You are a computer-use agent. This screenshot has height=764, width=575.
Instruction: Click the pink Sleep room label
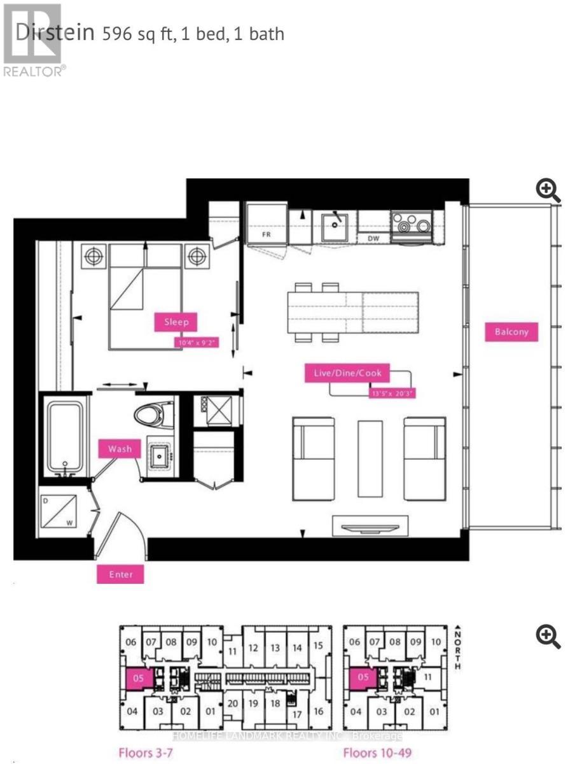point(176,322)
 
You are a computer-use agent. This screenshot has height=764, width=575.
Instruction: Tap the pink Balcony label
point(511,332)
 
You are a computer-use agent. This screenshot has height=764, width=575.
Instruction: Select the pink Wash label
point(120,449)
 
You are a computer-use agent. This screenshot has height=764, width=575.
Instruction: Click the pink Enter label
point(120,574)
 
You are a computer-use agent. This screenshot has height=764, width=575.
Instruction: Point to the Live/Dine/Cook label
point(348,373)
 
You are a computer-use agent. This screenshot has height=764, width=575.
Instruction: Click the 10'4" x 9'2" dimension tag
point(197,343)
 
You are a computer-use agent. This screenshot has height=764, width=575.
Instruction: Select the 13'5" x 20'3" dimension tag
point(392,393)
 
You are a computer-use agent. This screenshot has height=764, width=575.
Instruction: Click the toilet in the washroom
point(155,414)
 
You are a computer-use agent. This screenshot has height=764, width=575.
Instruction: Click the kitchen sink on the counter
point(333,227)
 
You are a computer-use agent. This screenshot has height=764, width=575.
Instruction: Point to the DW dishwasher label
point(374,238)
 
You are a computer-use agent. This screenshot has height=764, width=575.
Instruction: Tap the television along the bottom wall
point(368,525)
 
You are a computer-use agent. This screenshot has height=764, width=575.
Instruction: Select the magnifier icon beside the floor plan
point(548,190)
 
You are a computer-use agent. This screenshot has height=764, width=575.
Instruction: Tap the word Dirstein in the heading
point(55,33)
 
